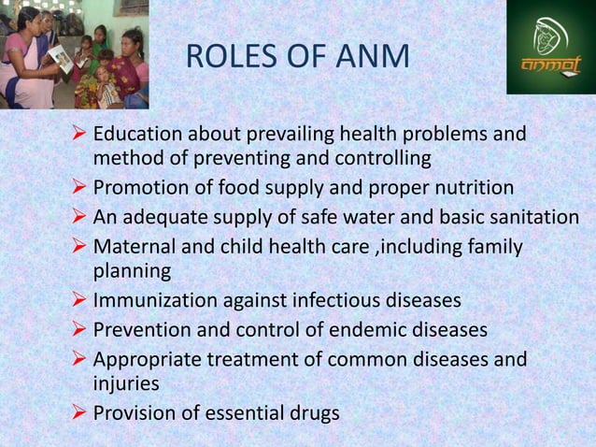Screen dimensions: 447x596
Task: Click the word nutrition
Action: (x=470, y=187)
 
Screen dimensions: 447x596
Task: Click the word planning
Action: (x=133, y=271)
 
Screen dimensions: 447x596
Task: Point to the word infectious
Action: (x=335, y=301)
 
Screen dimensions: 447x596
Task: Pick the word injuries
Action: (x=126, y=383)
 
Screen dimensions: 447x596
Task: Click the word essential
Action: (x=242, y=412)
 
